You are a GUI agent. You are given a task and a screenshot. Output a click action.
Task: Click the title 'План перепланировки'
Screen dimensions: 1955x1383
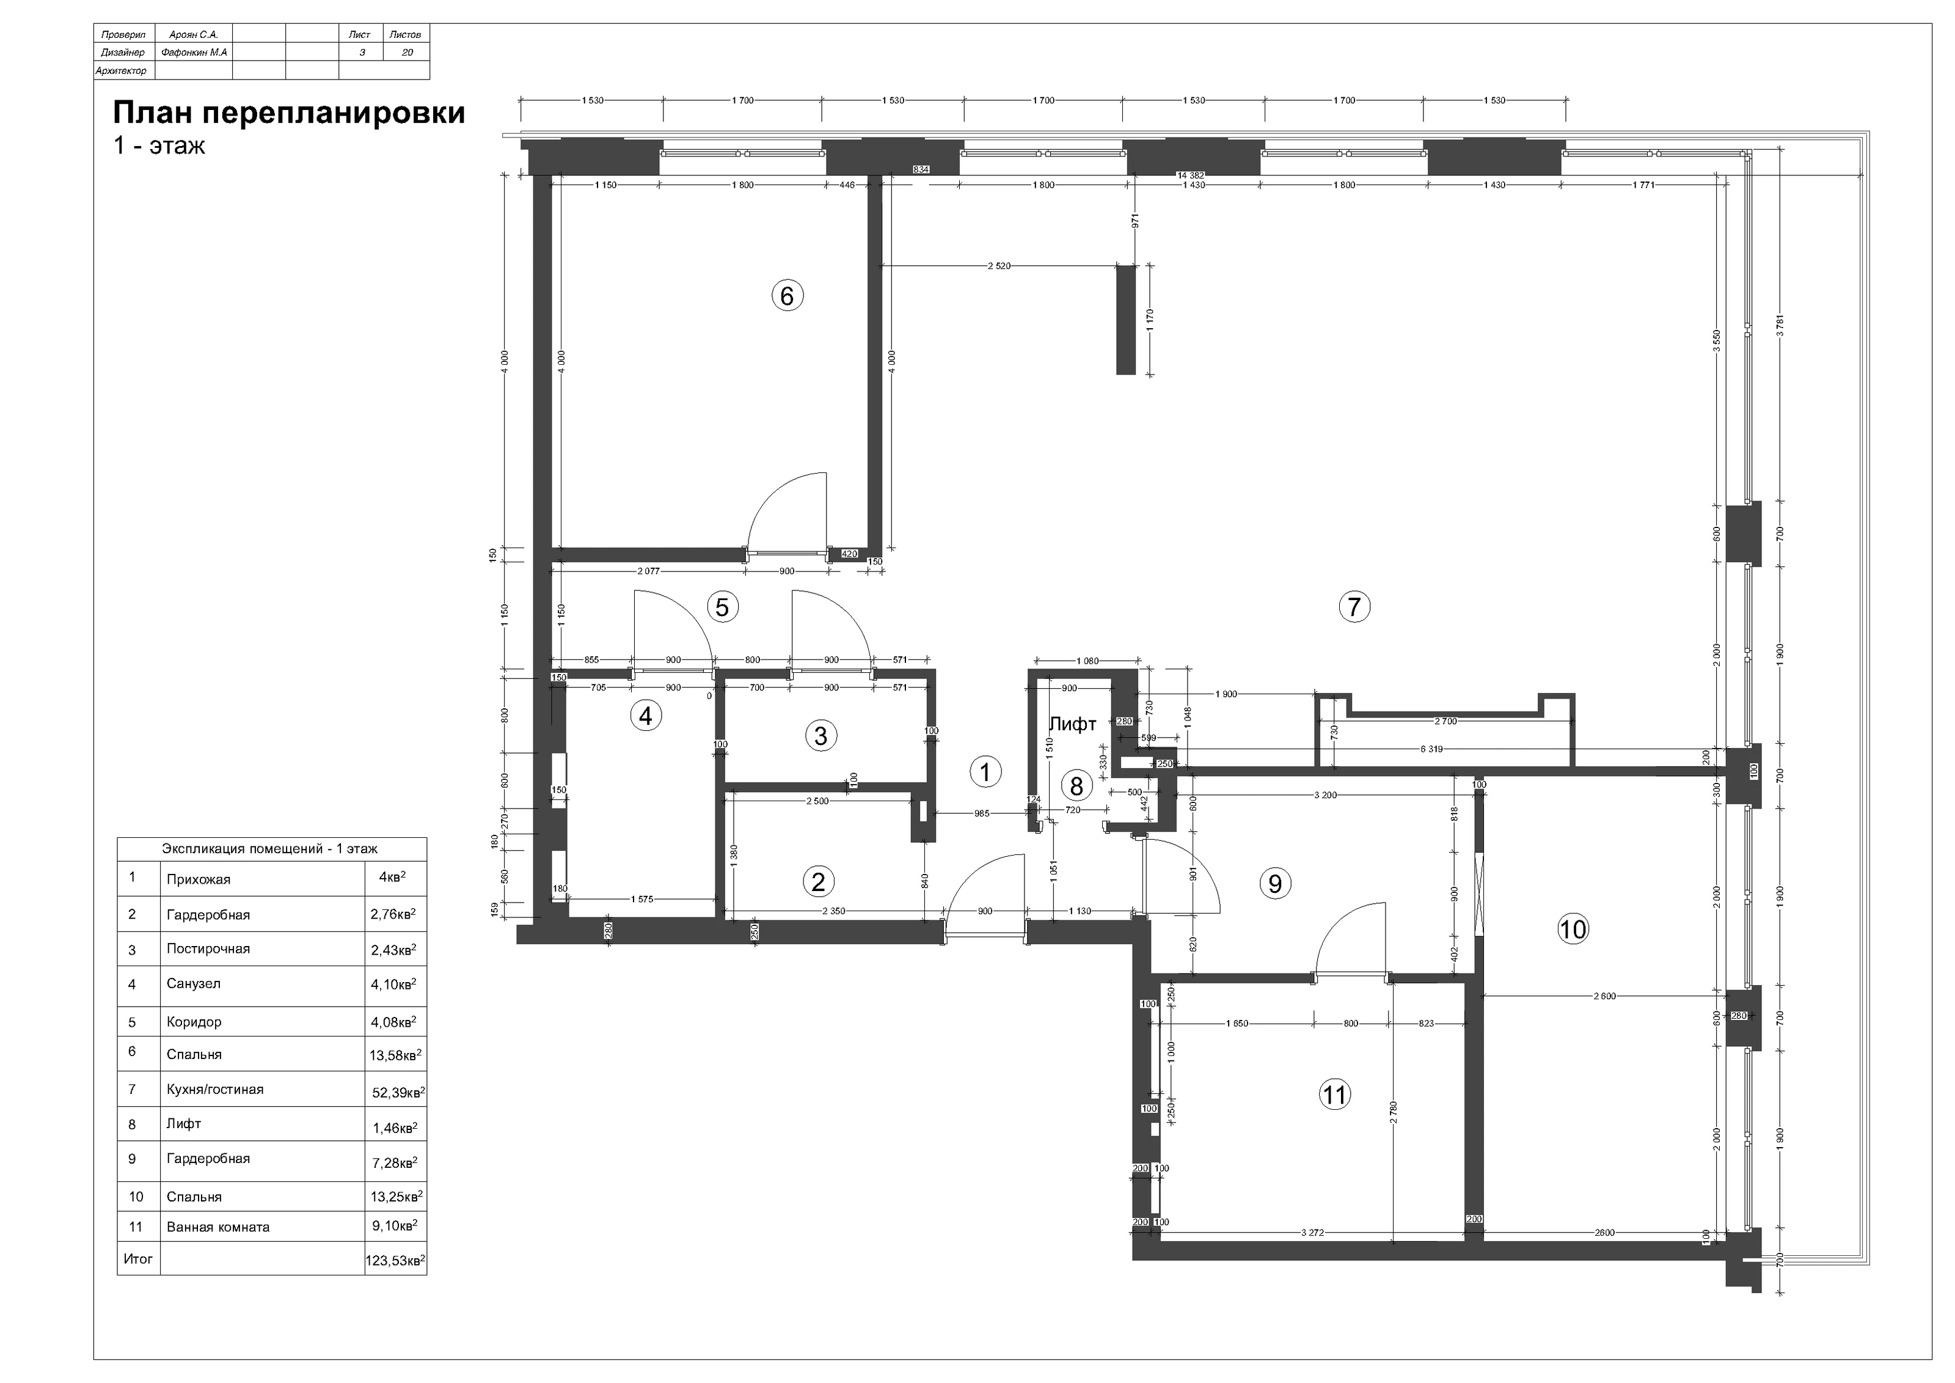[290, 113]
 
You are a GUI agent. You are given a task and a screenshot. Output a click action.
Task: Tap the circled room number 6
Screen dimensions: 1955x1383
[787, 296]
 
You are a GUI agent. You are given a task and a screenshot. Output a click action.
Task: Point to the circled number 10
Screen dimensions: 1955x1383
[1573, 928]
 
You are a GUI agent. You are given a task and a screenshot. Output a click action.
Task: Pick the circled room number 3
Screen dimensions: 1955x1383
[821, 736]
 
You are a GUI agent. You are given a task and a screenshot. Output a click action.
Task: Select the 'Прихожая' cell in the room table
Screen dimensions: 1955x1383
[199, 879]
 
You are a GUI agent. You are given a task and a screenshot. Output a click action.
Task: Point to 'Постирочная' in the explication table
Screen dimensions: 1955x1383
[208, 948]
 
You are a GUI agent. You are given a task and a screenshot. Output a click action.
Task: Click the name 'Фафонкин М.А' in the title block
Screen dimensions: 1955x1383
[194, 52]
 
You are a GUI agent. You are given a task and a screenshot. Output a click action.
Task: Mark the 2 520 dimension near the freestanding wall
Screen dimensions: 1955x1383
[999, 266]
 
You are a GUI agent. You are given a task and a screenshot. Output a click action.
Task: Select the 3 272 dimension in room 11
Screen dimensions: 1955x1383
[1312, 1232]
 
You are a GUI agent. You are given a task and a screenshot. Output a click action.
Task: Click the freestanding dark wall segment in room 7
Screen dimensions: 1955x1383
[1126, 320]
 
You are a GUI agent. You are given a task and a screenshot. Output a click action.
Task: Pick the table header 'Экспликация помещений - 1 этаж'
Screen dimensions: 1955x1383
[270, 848]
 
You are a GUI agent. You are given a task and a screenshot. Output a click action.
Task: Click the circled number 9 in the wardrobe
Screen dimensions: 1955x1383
[1274, 883]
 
